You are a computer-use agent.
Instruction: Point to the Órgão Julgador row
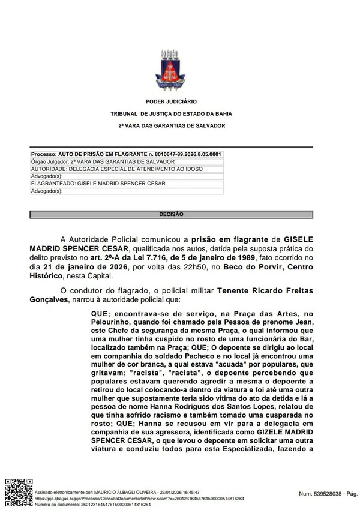(103, 161)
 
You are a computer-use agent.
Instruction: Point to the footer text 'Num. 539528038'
(321, 493)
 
